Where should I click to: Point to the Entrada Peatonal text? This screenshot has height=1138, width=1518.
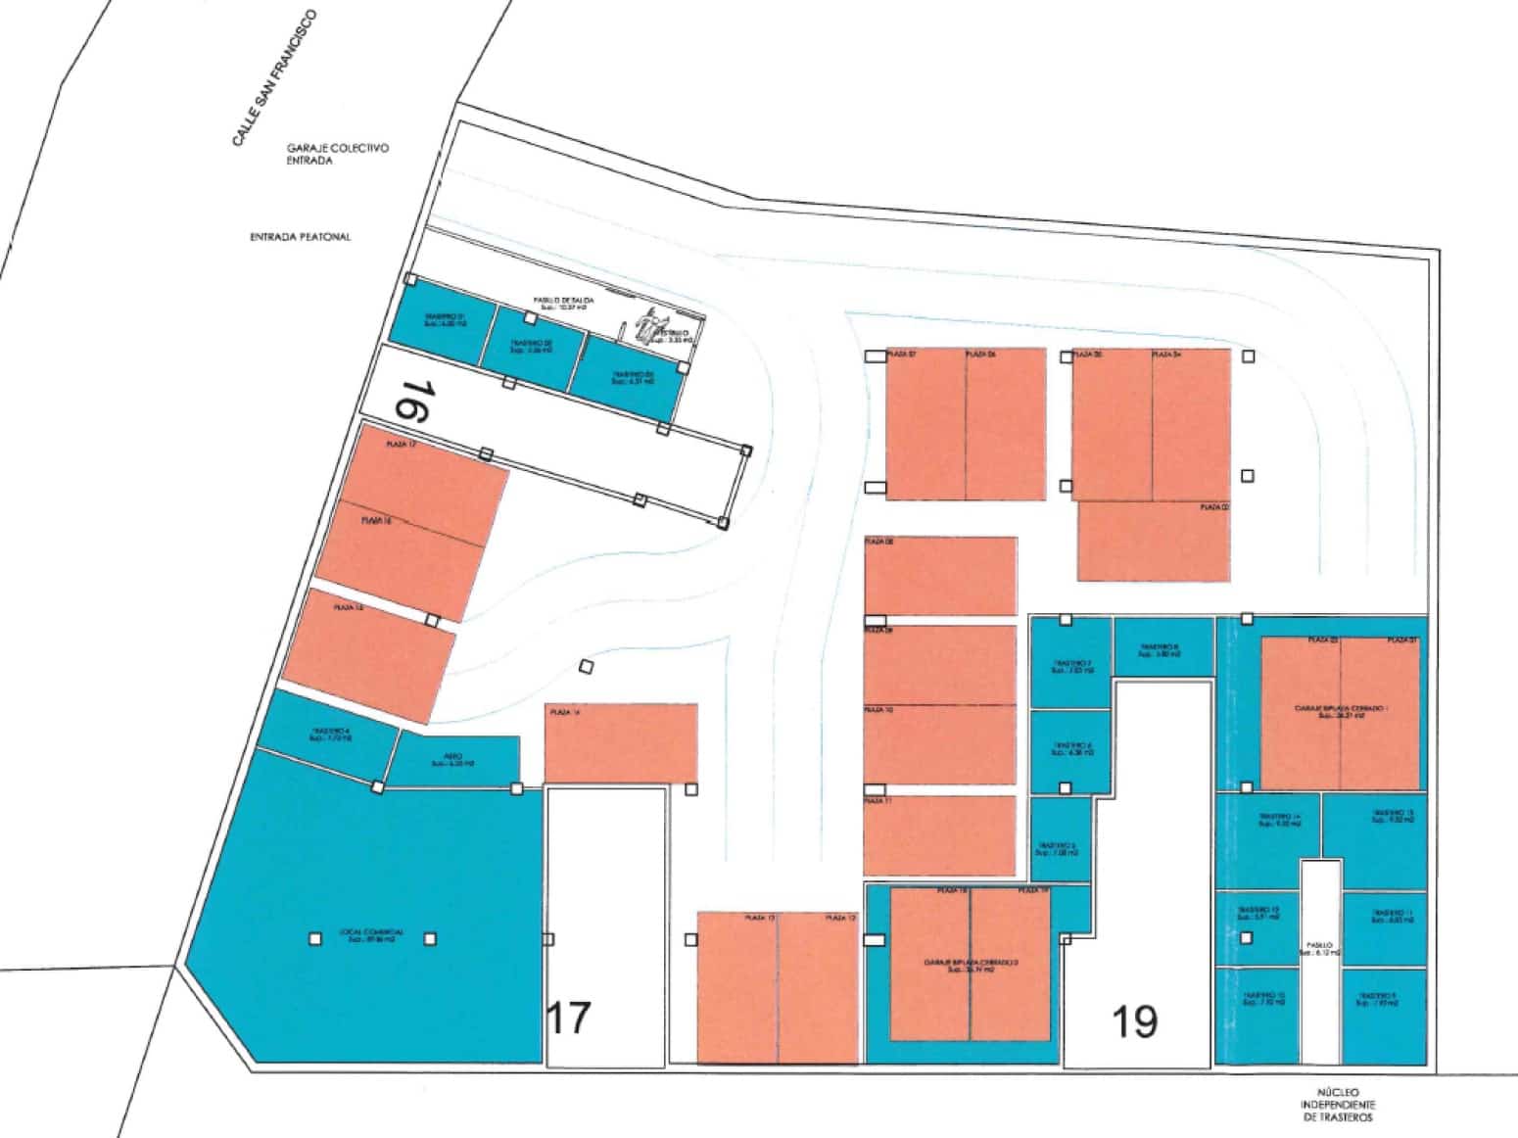click(301, 237)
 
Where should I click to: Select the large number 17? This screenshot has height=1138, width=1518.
click(568, 1018)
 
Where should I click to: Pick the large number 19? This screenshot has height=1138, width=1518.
click(1135, 1021)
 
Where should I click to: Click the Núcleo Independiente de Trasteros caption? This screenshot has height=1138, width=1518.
click(1339, 1104)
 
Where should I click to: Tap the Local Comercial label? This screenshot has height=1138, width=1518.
click(372, 935)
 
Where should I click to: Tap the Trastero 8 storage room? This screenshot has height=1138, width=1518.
click(1162, 647)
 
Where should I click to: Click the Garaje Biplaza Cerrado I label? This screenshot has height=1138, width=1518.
click(1341, 710)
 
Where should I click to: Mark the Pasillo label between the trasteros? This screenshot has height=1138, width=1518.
click(1320, 949)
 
